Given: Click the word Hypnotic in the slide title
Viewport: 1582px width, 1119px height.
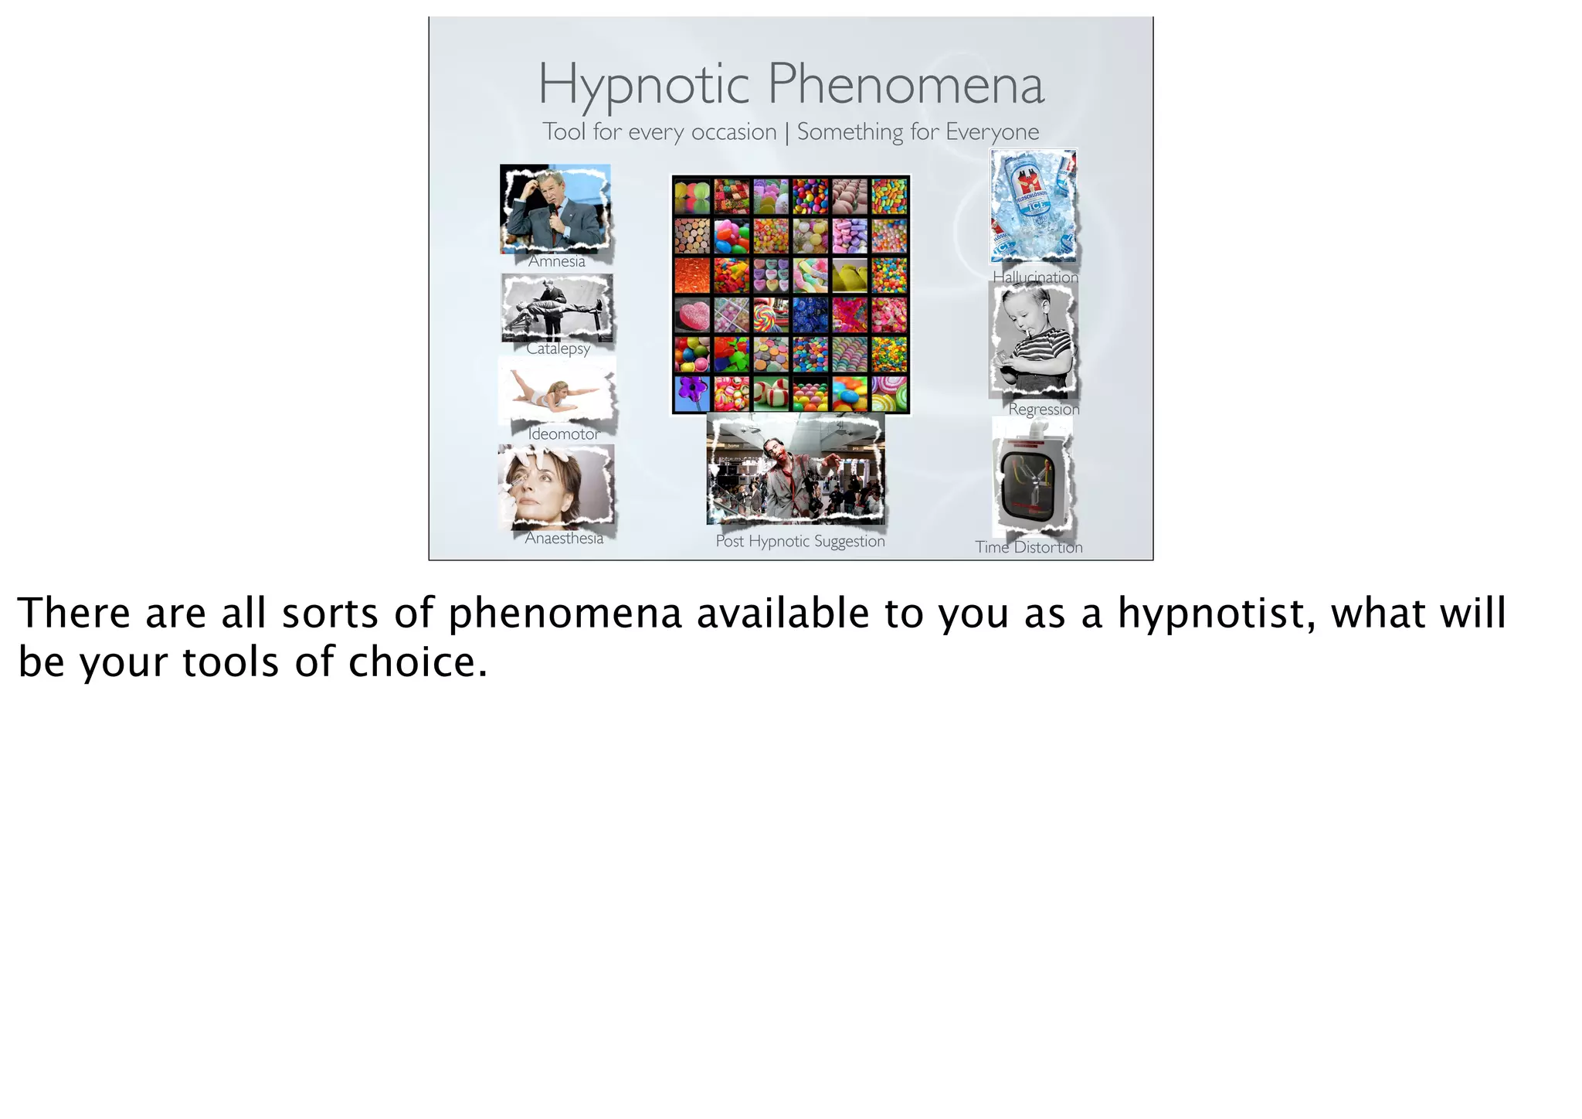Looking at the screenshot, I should point(643,84).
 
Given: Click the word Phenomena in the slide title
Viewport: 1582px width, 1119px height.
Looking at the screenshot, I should point(905,84).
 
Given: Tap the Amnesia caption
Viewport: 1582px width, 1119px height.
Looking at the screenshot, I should point(557,261).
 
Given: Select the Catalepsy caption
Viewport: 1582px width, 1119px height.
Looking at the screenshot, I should point(558,349).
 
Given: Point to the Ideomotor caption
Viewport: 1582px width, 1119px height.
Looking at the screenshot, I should point(563,434).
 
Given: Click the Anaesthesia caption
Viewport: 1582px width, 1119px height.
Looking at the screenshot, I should point(564,539).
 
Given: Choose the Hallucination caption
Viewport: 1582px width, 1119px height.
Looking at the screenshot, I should point(1035,277).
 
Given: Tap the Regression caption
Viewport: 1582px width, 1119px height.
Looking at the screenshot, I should point(1044,409).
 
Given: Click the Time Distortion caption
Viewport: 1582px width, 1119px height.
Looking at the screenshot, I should point(1028,547).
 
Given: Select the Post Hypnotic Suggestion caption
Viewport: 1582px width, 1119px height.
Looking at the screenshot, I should point(800,541).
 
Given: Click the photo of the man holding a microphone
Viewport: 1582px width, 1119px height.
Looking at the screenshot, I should point(555,209).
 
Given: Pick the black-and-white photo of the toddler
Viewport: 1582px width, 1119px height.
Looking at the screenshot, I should point(1034,340).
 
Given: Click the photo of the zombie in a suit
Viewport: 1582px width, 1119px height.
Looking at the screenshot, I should point(796,470).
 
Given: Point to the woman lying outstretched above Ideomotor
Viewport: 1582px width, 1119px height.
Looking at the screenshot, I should point(556,392).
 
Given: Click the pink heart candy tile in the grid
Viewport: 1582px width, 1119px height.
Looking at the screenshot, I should point(692,315).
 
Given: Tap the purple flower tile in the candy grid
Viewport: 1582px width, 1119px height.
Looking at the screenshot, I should point(692,393).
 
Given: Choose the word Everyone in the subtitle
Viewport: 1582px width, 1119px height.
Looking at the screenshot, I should point(992,132).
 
